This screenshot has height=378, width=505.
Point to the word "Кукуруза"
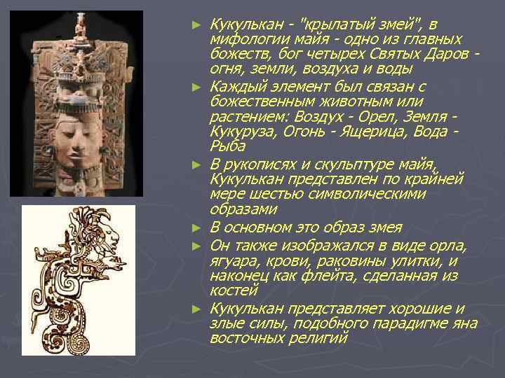(x=242, y=132)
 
